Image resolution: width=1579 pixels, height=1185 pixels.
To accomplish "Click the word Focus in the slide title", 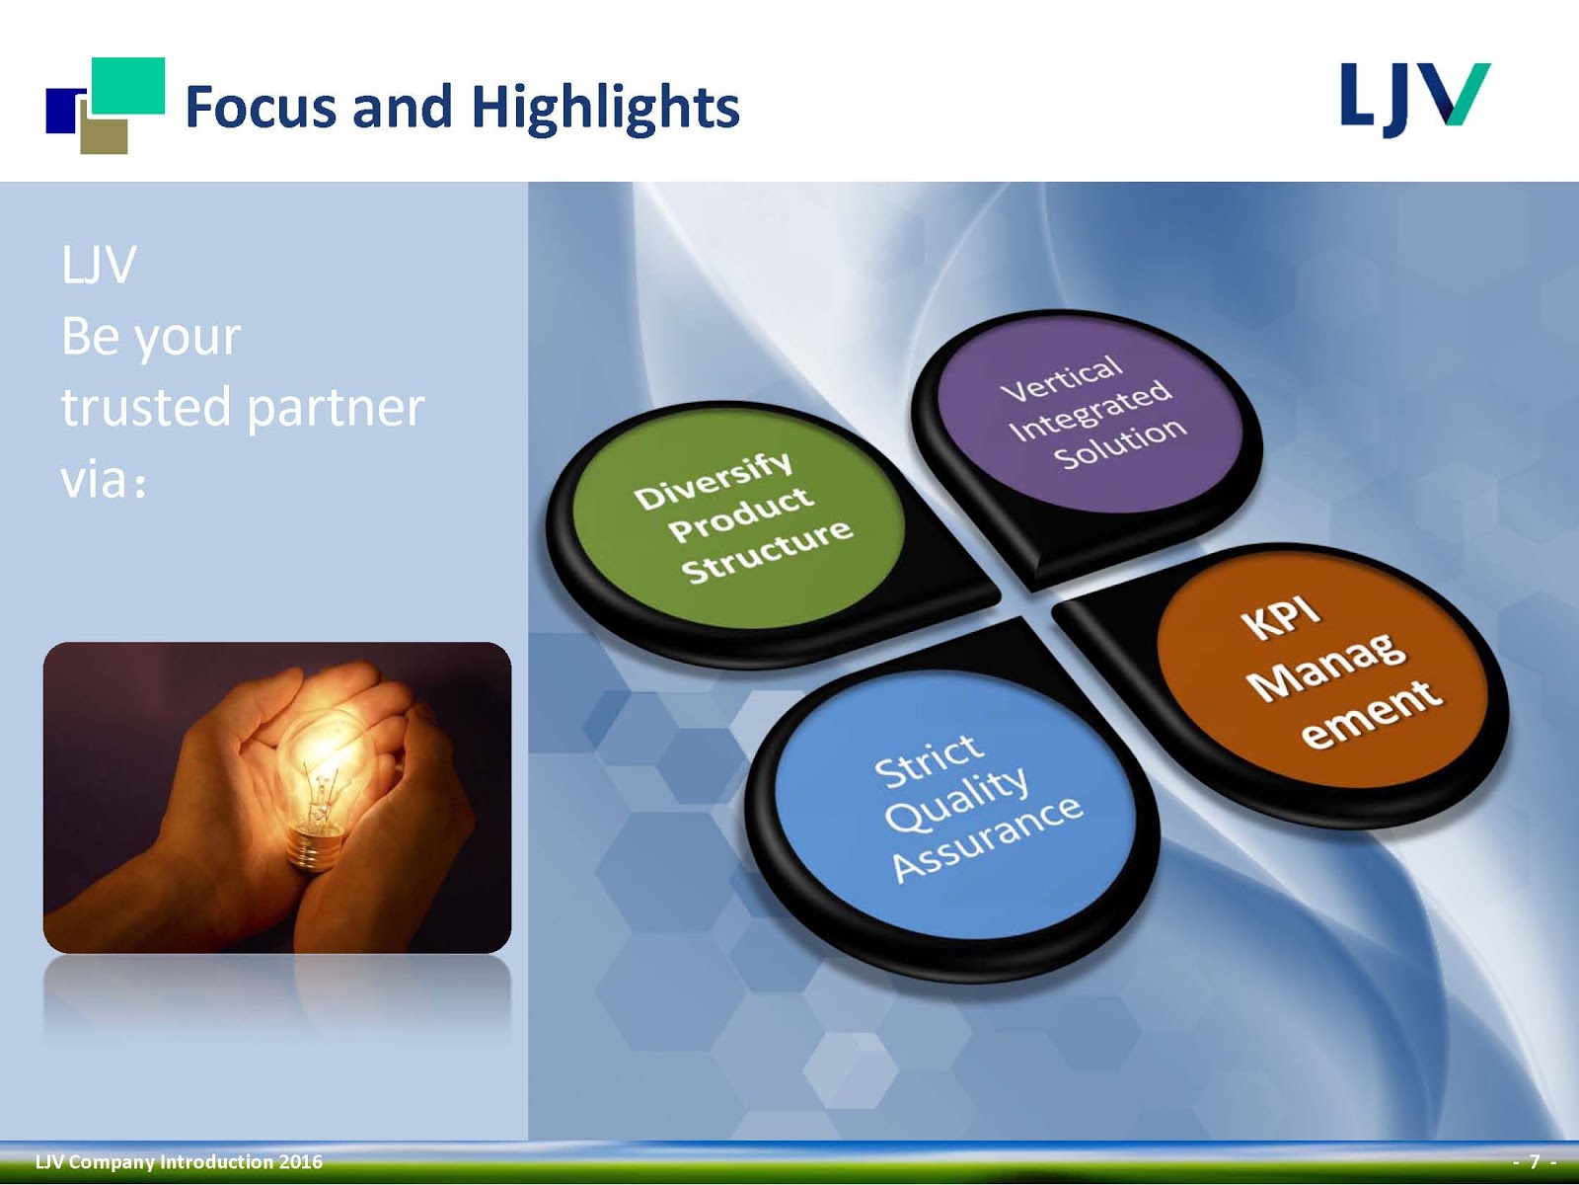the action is [262, 107].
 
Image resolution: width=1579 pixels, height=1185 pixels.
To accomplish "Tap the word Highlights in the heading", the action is [605, 109].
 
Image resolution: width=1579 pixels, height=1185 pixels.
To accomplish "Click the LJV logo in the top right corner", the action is [1415, 99].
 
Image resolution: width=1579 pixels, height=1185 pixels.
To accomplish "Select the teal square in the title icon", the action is [128, 86].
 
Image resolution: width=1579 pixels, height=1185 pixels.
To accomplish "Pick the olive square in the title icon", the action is [105, 136].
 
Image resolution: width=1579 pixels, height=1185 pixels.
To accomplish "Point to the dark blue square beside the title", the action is [63, 111].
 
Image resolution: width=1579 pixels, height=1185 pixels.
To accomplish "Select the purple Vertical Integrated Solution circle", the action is [1090, 415].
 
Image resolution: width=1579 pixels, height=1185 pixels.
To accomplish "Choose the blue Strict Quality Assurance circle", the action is [956, 805].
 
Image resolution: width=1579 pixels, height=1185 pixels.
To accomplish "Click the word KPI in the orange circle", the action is [1283, 617].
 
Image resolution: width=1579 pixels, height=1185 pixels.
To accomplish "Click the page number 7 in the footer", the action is [1535, 1161].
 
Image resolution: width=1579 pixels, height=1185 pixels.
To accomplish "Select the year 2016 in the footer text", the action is [302, 1162].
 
